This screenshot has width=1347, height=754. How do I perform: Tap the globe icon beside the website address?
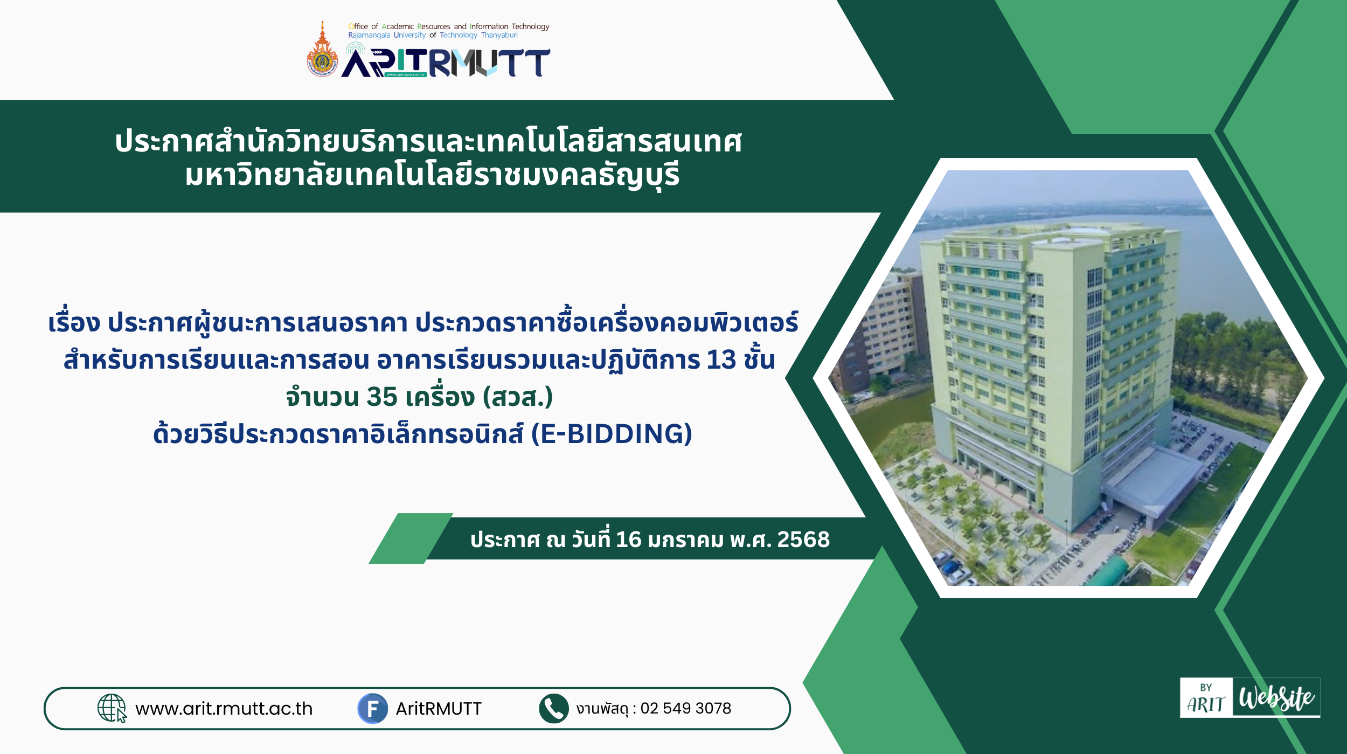tap(112, 708)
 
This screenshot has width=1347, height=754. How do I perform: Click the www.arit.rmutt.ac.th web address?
tap(224, 709)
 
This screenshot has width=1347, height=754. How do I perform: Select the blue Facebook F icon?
tap(372, 709)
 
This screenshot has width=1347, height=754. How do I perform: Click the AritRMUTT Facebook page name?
tap(439, 709)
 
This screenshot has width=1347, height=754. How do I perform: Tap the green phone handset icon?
tap(553, 709)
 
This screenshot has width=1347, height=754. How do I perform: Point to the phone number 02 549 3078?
tap(685, 708)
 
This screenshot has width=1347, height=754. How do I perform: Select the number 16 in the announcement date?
tap(628, 539)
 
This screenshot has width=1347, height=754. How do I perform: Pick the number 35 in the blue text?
tap(382, 397)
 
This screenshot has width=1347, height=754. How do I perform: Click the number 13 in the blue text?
tap(721, 360)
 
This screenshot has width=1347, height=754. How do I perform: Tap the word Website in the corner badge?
tap(1276, 697)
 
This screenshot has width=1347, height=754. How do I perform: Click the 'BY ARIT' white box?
tap(1206, 697)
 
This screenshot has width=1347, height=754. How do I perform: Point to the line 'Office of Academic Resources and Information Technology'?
tap(449, 26)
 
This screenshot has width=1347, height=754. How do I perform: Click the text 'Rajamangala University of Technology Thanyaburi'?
tap(433, 35)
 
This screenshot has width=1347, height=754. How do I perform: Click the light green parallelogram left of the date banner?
tap(411, 538)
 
